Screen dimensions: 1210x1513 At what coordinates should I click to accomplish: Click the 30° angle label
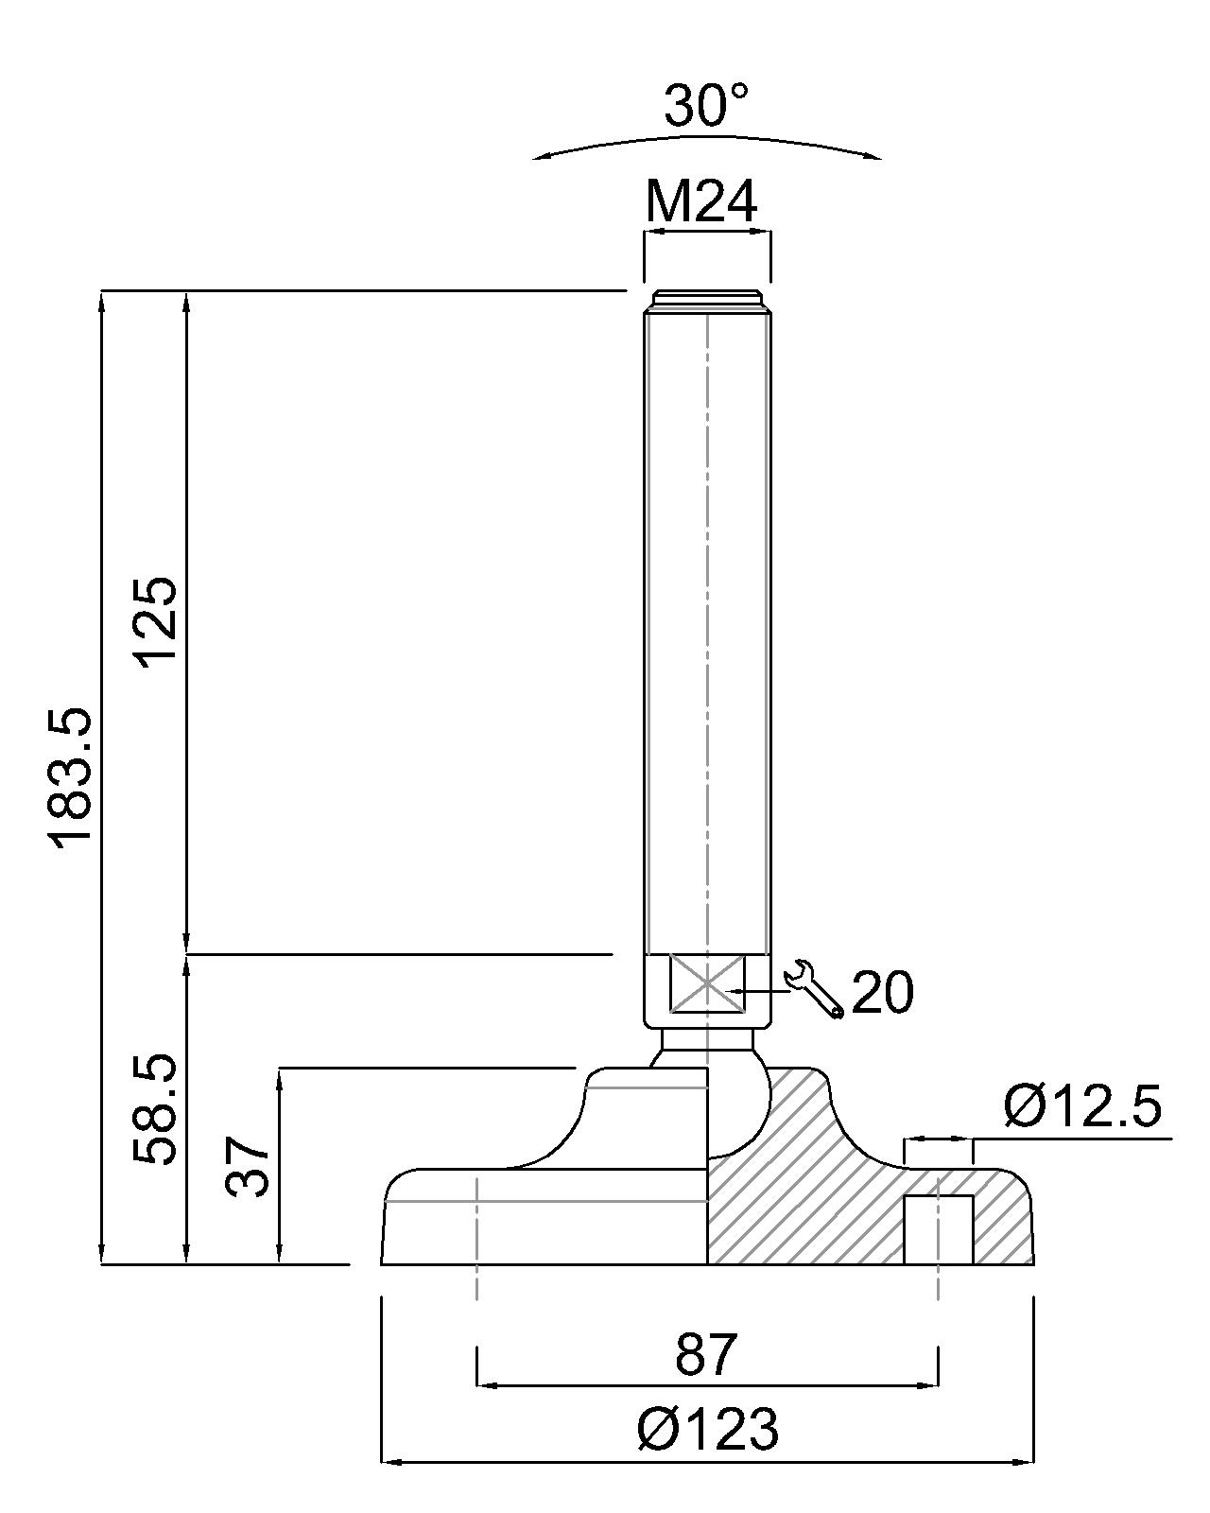coord(705,106)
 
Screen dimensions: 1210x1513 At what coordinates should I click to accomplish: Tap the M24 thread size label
coord(701,201)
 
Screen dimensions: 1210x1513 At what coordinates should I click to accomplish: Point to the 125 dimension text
coord(154,621)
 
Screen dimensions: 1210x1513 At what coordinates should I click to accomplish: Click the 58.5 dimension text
coord(154,1108)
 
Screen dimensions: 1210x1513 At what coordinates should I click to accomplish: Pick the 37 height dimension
coord(248,1168)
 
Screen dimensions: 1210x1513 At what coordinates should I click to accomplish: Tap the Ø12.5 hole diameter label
coord(1082,1106)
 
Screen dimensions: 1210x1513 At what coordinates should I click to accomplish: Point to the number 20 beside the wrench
coord(882,992)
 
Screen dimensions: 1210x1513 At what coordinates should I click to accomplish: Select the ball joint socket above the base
coord(707,1102)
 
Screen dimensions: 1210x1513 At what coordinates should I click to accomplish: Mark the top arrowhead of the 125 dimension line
coord(186,303)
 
